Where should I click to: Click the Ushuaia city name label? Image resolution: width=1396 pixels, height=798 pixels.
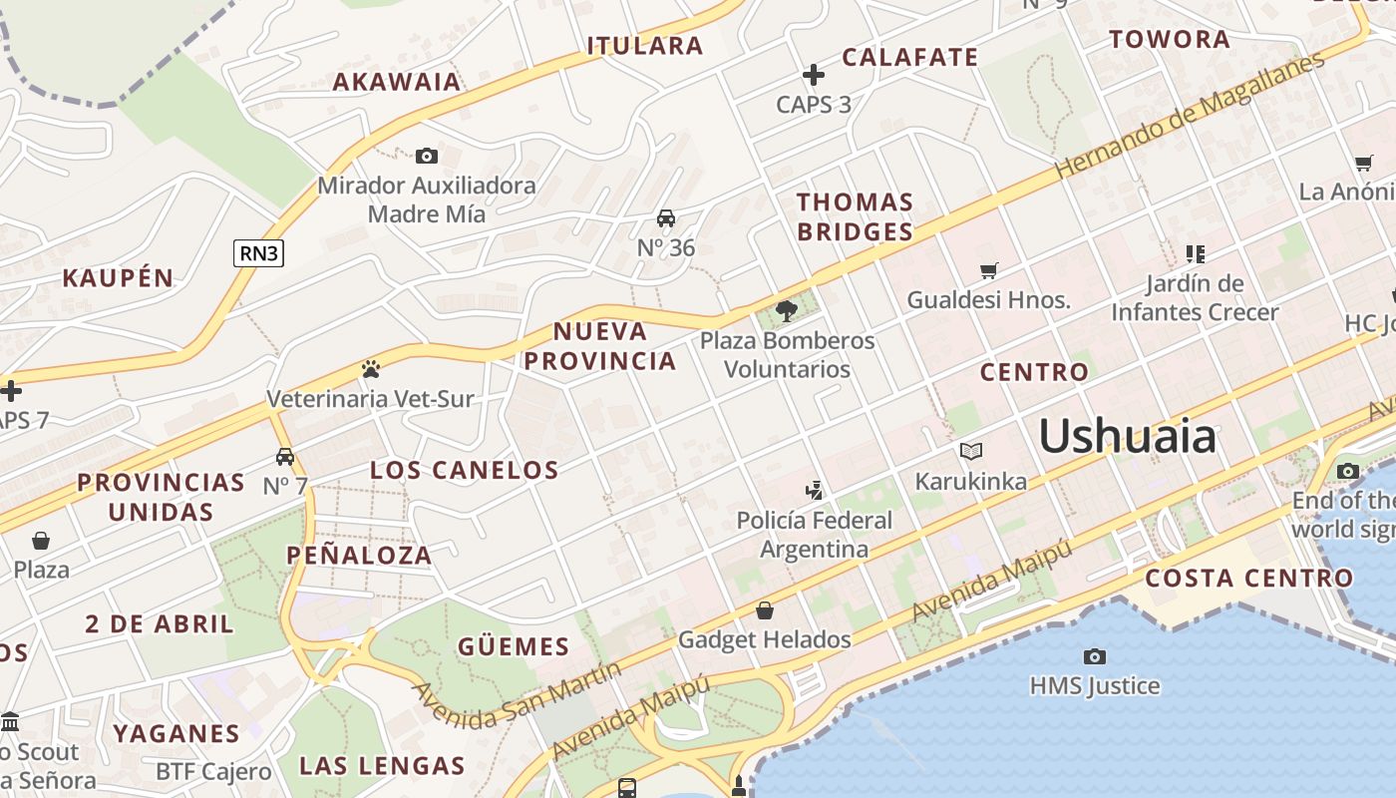pos(1128,437)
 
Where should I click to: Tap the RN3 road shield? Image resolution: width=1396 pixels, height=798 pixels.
pos(259,253)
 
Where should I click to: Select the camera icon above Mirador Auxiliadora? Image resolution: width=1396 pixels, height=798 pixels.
pos(427,156)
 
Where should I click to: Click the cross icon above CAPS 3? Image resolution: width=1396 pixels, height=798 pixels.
pos(814,75)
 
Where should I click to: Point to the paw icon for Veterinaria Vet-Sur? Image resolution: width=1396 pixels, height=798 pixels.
pos(371,369)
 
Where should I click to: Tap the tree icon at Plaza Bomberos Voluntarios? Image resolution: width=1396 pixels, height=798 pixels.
pos(787,310)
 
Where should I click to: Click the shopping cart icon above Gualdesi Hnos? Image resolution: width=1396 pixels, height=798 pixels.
pos(989,270)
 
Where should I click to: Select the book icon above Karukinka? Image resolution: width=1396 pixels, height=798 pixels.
pos(971,452)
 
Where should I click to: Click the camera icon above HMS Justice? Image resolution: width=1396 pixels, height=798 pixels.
pos(1095,656)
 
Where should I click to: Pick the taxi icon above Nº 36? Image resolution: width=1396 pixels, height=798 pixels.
pos(666,218)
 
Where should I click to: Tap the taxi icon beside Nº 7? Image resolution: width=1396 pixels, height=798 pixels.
pos(285,457)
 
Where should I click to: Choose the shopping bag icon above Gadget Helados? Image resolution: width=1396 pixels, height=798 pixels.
pos(765,610)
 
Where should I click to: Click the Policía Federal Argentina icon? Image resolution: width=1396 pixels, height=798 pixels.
pos(816,490)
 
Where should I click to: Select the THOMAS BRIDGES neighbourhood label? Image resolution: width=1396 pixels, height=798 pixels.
pos(855,216)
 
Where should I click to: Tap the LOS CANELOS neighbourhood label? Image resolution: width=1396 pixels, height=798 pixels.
pos(464,470)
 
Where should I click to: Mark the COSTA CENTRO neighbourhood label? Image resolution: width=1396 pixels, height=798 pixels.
pos(1248,578)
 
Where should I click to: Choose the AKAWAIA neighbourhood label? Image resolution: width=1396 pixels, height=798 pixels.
pos(397,82)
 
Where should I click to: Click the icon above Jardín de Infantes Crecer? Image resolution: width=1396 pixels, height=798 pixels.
pos(1195,254)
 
